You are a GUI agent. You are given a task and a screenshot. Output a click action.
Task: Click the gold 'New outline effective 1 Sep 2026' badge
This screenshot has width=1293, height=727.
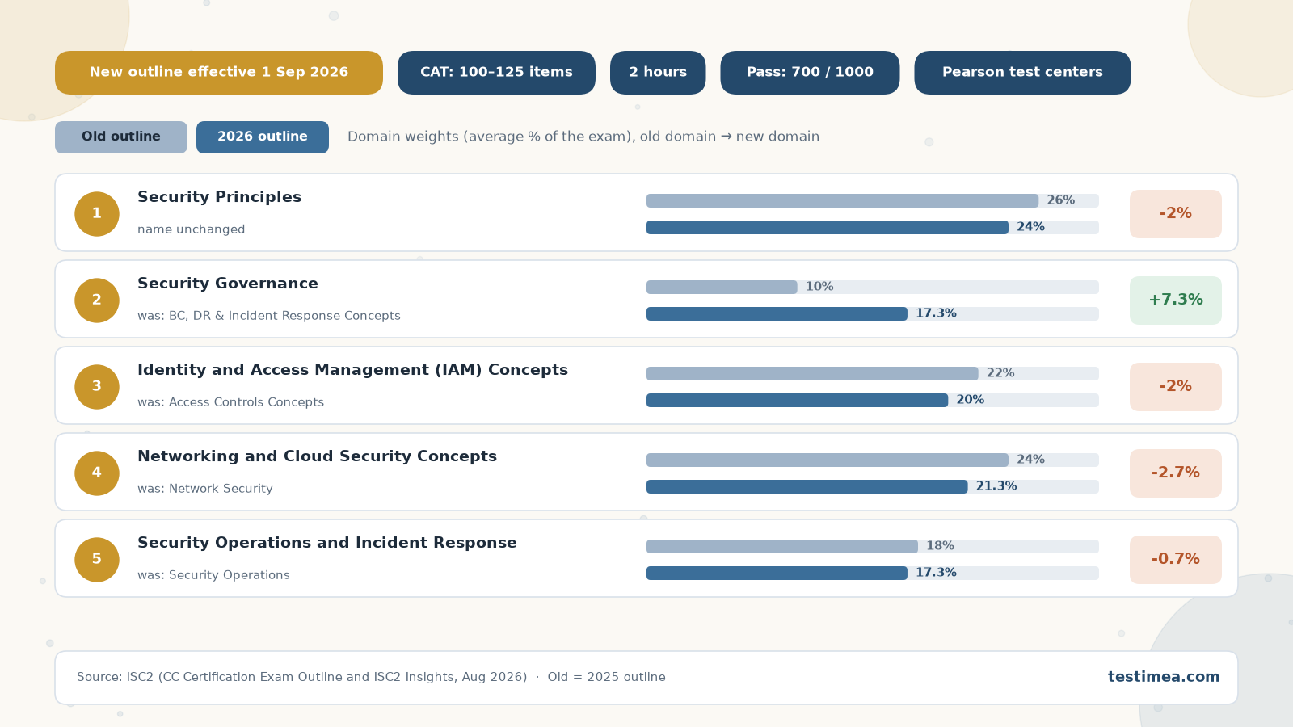(219, 73)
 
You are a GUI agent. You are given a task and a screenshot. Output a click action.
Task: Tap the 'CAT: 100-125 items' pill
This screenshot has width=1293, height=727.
(496, 73)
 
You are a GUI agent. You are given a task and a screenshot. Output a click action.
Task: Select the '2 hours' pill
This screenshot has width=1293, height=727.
(658, 73)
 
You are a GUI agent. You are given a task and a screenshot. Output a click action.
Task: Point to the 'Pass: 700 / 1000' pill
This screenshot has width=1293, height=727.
(810, 73)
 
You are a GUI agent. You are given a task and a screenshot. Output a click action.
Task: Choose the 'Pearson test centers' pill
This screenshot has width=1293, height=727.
(1022, 73)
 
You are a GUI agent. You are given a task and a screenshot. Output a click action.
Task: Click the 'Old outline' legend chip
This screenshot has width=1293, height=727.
(121, 137)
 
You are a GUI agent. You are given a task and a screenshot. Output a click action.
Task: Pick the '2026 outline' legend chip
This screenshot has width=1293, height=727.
(263, 137)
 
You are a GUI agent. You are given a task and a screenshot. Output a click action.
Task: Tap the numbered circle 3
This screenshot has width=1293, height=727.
(97, 387)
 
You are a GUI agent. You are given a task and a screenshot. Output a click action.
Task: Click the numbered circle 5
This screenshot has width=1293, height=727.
(97, 560)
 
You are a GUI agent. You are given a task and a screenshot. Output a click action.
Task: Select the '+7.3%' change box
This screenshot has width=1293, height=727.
(1176, 300)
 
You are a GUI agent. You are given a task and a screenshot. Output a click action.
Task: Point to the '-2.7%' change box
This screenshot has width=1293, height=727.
(1176, 473)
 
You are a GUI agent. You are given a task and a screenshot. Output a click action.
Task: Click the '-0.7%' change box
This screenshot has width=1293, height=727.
(1176, 560)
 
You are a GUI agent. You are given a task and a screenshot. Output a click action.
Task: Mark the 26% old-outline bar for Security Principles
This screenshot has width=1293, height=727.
(842, 201)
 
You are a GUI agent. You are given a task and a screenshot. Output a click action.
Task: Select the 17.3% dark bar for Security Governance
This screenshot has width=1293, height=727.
(777, 314)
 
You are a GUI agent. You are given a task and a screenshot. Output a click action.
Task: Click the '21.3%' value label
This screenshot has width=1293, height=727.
(996, 486)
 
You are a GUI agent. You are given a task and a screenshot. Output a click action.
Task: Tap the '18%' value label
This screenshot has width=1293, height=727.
(941, 546)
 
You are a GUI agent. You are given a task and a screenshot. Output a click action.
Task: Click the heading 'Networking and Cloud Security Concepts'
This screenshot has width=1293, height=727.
(317, 456)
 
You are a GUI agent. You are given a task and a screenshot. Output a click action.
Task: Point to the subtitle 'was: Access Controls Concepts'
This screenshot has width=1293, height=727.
(231, 402)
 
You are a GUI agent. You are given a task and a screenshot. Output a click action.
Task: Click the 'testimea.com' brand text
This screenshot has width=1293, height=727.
(1164, 677)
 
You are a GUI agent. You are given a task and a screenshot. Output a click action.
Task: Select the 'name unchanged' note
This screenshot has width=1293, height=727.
(191, 229)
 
